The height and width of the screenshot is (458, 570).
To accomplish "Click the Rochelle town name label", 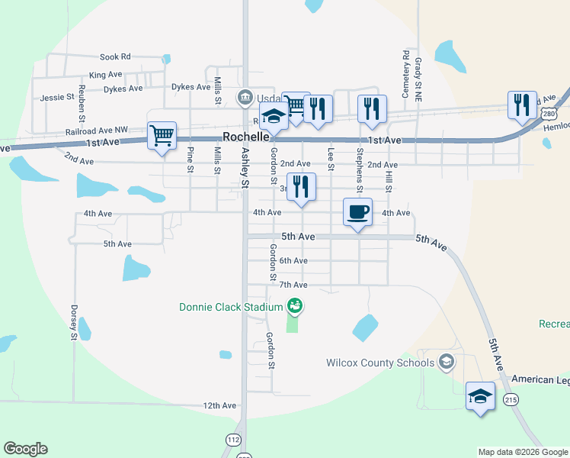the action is [245, 137].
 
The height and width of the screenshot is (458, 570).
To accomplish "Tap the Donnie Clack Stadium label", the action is [231, 308].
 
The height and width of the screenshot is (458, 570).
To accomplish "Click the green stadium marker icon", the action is [295, 307].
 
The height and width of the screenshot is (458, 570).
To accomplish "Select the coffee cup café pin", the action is [357, 212].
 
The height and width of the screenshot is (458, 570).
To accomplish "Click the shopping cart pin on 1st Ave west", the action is [162, 137].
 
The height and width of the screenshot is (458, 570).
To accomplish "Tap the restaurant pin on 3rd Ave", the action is [301, 187].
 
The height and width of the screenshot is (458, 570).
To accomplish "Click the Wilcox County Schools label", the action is [380, 363].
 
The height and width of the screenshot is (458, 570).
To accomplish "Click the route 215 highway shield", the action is [511, 399].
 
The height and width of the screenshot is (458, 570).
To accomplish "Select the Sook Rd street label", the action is [116, 56].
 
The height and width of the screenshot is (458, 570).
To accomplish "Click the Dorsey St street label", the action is [74, 323].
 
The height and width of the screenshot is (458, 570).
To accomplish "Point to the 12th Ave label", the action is [221, 405].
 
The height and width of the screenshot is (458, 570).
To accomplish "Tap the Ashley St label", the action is [245, 167].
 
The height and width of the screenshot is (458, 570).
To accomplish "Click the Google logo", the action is [25, 449].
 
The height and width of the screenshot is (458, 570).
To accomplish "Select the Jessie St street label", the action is [57, 97].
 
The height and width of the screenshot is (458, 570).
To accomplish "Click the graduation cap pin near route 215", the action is [480, 396].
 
